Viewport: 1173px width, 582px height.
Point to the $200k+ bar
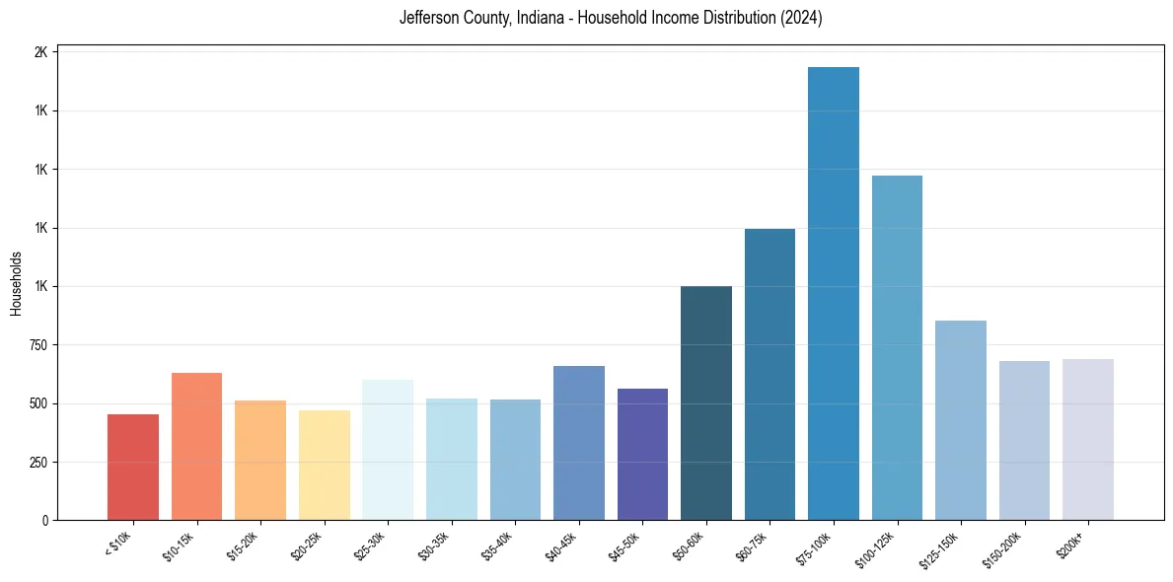(1087, 439)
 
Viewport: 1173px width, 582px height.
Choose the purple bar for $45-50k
(642, 454)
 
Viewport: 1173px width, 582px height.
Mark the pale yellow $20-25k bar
(325, 465)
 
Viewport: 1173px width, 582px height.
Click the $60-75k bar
(770, 374)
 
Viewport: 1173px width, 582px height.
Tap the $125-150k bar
(960, 420)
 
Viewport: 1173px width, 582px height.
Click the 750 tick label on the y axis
(37, 345)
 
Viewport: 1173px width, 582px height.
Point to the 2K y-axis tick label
(40, 52)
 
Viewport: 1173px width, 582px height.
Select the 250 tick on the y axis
(37, 463)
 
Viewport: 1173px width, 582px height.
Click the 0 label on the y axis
(44, 521)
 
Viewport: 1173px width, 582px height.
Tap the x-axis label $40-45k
(561, 546)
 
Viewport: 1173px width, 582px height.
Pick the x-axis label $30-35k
(434, 546)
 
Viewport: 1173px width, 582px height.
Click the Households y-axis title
(16, 283)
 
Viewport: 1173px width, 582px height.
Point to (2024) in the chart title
(800, 19)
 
